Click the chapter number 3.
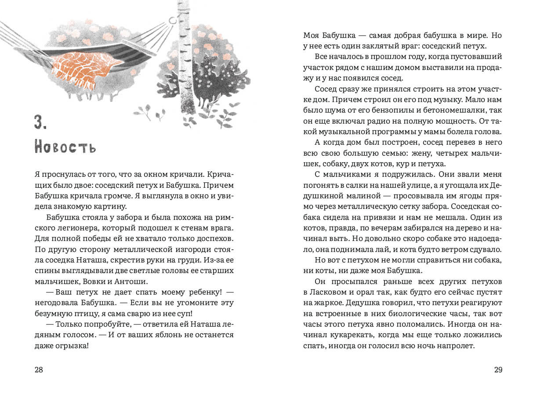(40, 122)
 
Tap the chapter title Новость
(65, 147)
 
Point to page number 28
(39, 370)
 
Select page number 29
(498, 370)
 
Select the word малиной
(355, 196)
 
